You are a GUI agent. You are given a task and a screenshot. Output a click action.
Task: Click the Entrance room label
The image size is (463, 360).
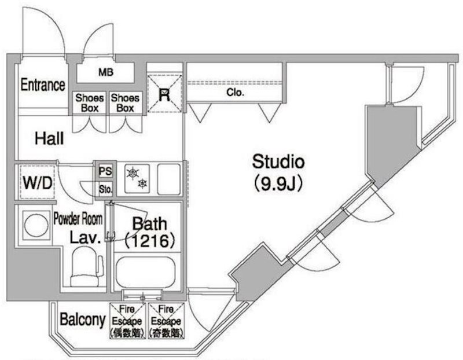(42, 85)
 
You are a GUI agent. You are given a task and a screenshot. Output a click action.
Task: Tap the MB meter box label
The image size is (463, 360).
(105, 73)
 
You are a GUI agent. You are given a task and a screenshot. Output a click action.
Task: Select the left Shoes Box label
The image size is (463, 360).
(90, 103)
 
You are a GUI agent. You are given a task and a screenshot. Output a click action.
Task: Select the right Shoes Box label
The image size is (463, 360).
(125, 103)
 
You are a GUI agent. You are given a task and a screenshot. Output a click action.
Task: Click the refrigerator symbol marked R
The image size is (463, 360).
(164, 95)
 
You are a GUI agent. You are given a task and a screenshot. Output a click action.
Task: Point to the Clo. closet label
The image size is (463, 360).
(234, 93)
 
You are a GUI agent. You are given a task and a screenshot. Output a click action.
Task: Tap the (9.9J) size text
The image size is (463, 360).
(278, 184)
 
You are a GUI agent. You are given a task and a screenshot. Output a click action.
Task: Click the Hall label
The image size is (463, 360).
(49, 139)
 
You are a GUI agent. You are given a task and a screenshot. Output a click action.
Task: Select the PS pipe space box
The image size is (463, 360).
(105, 172)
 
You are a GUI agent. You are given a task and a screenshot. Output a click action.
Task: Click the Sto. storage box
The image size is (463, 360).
(105, 188)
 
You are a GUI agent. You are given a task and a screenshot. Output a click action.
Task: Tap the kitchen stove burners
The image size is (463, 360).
(138, 178)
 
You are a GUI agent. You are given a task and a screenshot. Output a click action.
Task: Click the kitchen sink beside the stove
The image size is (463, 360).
(169, 179)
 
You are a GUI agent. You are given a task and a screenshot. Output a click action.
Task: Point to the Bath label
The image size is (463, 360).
(150, 223)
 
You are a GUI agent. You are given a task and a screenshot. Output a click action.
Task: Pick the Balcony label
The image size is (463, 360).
(82, 319)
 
